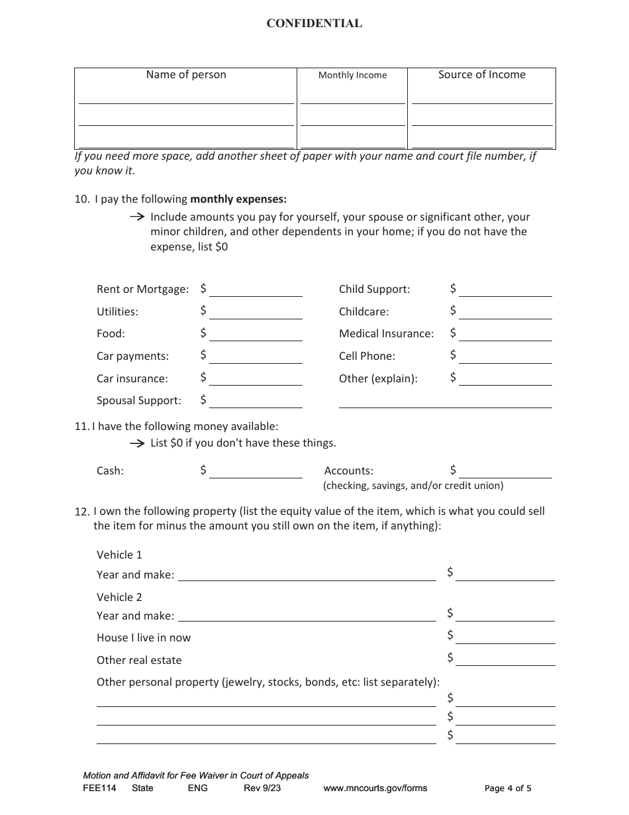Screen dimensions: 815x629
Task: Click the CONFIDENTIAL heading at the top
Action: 314,23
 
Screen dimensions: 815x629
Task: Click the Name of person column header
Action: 186,75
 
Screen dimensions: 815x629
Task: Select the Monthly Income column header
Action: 352,76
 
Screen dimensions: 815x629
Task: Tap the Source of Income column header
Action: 481,75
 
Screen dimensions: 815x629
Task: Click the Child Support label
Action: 374,290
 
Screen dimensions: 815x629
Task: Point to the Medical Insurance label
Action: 386,334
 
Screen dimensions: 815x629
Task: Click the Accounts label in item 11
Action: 348,471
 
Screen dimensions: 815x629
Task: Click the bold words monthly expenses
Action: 238,199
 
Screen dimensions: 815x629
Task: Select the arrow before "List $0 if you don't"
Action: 136,443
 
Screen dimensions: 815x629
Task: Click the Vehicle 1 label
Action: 119,555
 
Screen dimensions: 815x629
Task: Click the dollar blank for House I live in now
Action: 505,637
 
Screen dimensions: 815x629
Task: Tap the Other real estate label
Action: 139,661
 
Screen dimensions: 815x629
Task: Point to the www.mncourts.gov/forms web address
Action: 375,788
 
